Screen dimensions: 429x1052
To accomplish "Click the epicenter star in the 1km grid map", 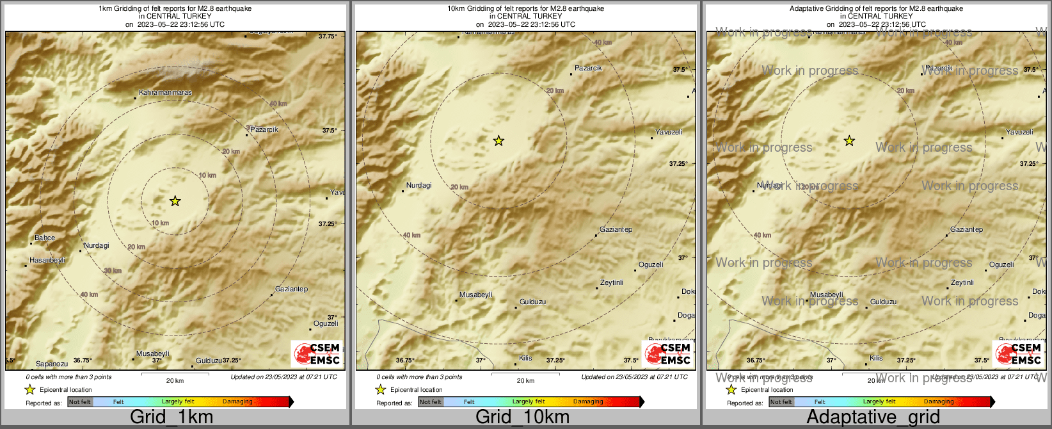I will [175, 201].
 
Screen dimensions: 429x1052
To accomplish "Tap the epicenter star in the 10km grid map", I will [498, 141].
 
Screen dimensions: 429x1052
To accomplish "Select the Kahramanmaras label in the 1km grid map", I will [165, 93].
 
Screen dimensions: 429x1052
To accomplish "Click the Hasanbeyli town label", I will [47, 261].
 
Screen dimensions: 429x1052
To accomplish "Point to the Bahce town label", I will [45, 238].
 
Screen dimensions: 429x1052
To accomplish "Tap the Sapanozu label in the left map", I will [52, 364].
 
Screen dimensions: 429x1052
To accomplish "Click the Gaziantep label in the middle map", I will [616, 229].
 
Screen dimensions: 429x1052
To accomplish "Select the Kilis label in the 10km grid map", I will [525, 358].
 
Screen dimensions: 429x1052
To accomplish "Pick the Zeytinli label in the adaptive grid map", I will [962, 282].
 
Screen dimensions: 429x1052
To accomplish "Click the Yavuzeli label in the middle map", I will [669, 132].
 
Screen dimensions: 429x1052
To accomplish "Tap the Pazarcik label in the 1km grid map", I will [264, 129].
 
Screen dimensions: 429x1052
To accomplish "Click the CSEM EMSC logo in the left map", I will [317, 353].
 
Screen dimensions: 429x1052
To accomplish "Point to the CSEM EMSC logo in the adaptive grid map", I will [1018, 353].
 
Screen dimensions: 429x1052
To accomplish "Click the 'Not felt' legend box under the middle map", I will [431, 402].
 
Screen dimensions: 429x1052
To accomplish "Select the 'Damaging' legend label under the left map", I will [237, 402].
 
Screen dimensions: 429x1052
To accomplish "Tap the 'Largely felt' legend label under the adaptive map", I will [879, 402].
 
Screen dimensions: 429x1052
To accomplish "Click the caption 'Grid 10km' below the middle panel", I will [522, 417].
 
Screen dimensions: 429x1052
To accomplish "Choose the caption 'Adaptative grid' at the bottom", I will [873, 417].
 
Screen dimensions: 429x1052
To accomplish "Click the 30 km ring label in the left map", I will [113, 271].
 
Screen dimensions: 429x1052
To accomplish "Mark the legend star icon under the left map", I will [29, 389].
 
